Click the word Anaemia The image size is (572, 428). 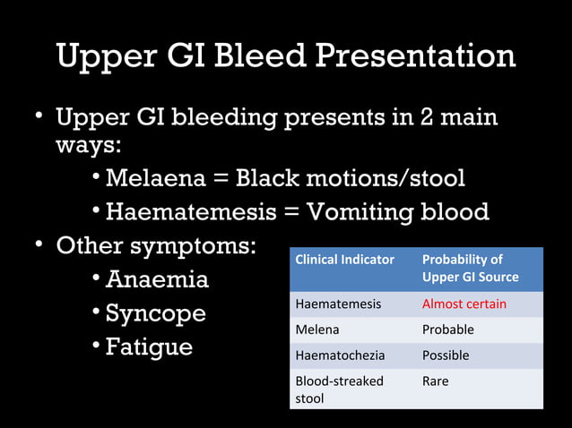click(157, 279)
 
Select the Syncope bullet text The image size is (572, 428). click(155, 314)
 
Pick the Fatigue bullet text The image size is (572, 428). click(149, 347)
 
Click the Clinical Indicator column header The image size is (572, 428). click(344, 260)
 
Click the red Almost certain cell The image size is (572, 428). click(464, 304)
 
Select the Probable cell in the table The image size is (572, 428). click(447, 330)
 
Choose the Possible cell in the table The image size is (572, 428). click(446, 355)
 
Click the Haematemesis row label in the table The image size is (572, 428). click(338, 304)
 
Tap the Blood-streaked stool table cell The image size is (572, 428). click(339, 389)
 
